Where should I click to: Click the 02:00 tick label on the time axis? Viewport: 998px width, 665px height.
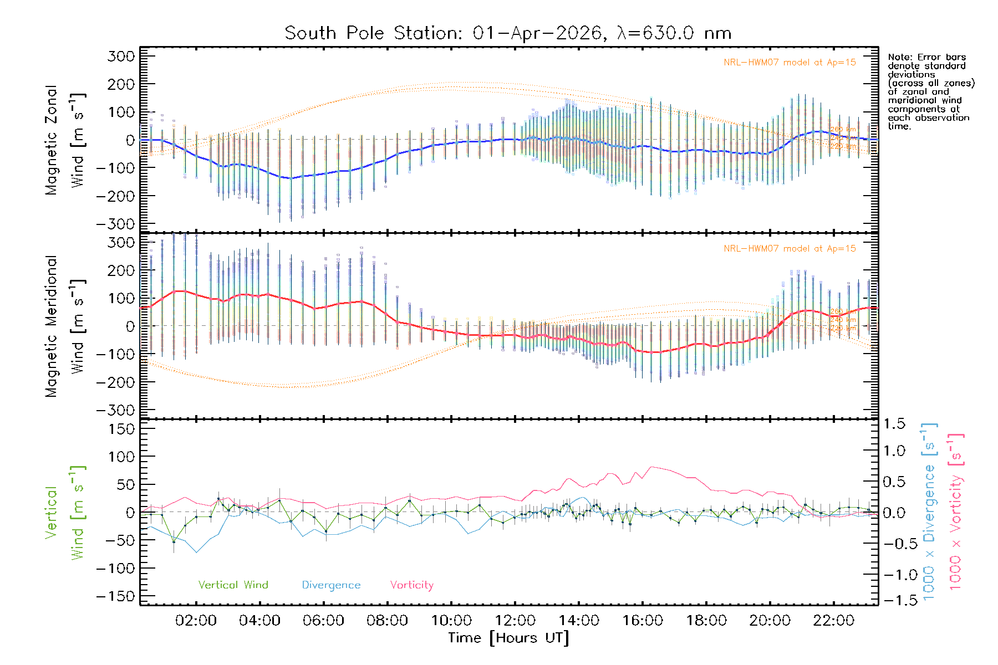click(196, 621)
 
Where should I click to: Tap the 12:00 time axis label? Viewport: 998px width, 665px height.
click(515, 621)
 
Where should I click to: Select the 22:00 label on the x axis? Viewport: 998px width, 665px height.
click(834, 621)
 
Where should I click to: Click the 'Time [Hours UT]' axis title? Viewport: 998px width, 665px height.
click(508, 638)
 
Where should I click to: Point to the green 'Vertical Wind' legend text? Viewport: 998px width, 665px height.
click(233, 585)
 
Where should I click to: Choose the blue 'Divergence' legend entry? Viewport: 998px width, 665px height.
click(331, 585)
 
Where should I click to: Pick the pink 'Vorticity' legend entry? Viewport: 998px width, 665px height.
click(411, 585)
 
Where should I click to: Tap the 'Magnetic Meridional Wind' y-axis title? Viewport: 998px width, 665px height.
click(65, 326)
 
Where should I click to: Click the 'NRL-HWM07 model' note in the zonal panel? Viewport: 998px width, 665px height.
click(790, 63)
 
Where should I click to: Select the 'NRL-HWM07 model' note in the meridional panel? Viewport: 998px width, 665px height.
click(790, 249)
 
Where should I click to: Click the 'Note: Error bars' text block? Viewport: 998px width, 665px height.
click(930, 91)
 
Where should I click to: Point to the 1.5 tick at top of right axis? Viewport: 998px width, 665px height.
click(894, 424)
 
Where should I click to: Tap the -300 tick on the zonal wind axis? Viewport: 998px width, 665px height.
click(115, 224)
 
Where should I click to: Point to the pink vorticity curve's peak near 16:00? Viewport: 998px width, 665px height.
click(652, 467)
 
